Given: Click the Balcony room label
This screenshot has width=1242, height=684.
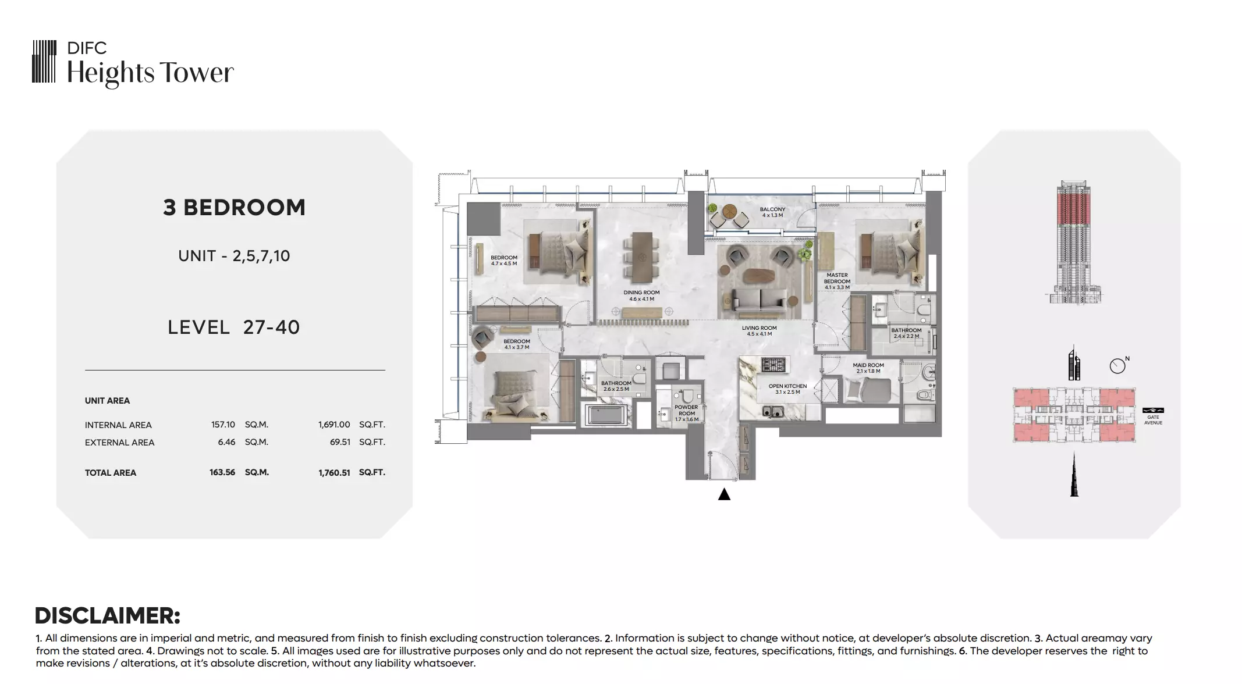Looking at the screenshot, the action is pyautogui.click(x=772, y=212).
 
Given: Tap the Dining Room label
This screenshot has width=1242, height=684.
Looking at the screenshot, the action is pyautogui.click(x=641, y=296).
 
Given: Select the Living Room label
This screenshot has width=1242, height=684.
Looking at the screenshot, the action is pyautogui.click(x=759, y=331).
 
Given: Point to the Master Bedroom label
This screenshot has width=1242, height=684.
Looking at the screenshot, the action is pyautogui.click(x=837, y=282).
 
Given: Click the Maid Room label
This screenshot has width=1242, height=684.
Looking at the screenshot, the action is pyautogui.click(x=868, y=368).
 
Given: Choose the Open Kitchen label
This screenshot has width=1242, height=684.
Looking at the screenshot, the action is pyautogui.click(x=787, y=389).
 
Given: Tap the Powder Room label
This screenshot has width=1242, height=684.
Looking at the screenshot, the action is pyautogui.click(x=687, y=413).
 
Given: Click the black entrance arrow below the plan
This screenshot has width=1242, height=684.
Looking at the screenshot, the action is pyautogui.click(x=724, y=494).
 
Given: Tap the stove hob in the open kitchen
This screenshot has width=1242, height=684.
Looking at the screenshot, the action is pyautogui.click(x=773, y=365).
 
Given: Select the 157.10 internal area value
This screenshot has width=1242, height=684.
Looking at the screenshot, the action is pyautogui.click(x=223, y=425).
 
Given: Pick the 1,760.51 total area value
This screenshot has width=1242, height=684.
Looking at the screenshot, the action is pyautogui.click(x=334, y=473).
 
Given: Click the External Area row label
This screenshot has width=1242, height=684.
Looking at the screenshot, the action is pyautogui.click(x=119, y=443).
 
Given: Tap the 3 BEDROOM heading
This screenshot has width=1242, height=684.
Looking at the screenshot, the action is pyautogui.click(x=234, y=208).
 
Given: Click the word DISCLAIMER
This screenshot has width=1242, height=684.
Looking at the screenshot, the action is pyautogui.click(x=108, y=615).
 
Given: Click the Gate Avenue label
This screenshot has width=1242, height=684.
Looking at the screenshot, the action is pyautogui.click(x=1153, y=419).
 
